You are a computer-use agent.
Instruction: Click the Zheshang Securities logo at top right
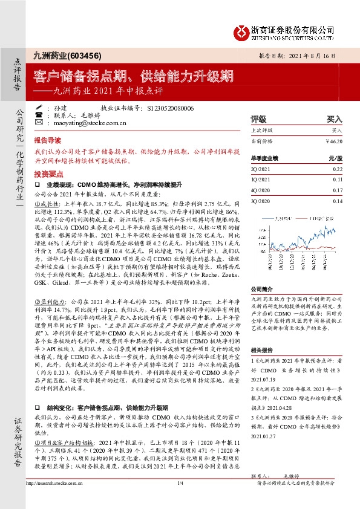pyautogui.click(x=290, y=30)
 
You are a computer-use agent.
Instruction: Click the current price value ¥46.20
pyautogui.click(x=333, y=141)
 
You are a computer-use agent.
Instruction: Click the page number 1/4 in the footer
pyautogui.click(x=180, y=500)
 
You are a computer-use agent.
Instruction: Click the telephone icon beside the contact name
pyautogui.click(x=39, y=115)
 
